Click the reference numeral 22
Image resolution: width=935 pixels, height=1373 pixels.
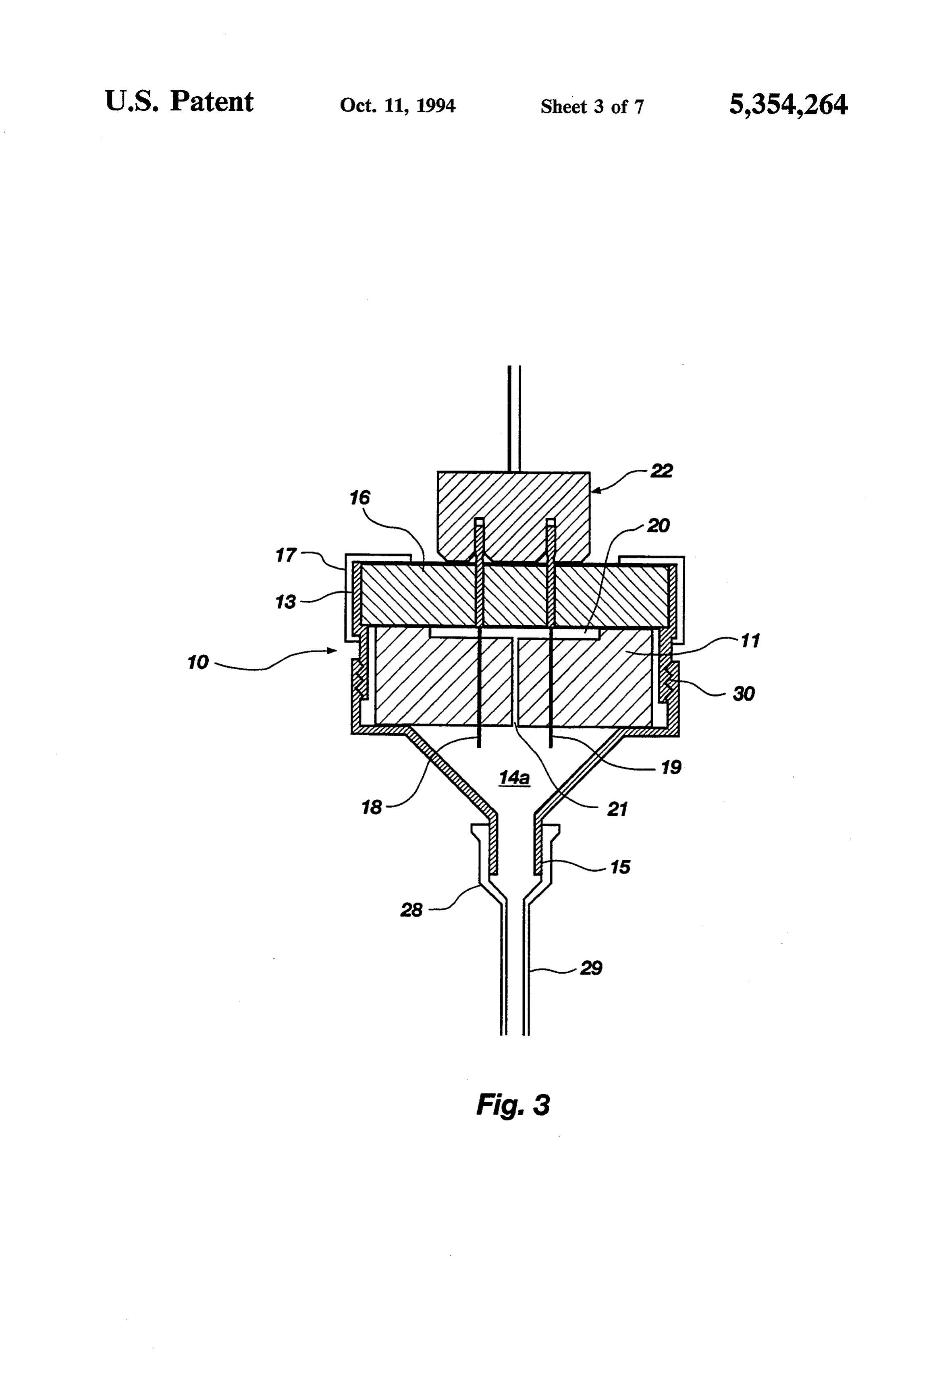(x=661, y=471)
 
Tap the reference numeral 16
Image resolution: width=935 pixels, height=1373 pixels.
(x=359, y=498)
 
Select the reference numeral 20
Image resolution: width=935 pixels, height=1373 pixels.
(x=659, y=525)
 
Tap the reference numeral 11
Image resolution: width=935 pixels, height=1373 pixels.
(x=750, y=641)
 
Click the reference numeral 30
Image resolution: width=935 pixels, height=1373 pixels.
(x=744, y=694)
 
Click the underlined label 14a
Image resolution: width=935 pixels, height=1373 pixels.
(x=514, y=778)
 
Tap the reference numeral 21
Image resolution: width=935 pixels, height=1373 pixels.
(x=617, y=809)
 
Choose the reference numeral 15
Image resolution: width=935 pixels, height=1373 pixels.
(x=620, y=867)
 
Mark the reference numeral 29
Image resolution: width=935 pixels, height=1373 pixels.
(x=591, y=968)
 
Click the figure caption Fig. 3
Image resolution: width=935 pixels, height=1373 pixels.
(x=513, y=1105)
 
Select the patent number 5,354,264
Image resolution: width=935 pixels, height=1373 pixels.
(x=788, y=105)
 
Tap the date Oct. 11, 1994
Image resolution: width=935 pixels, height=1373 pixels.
(x=398, y=106)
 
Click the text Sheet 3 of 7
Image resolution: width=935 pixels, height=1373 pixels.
(x=592, y=106)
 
